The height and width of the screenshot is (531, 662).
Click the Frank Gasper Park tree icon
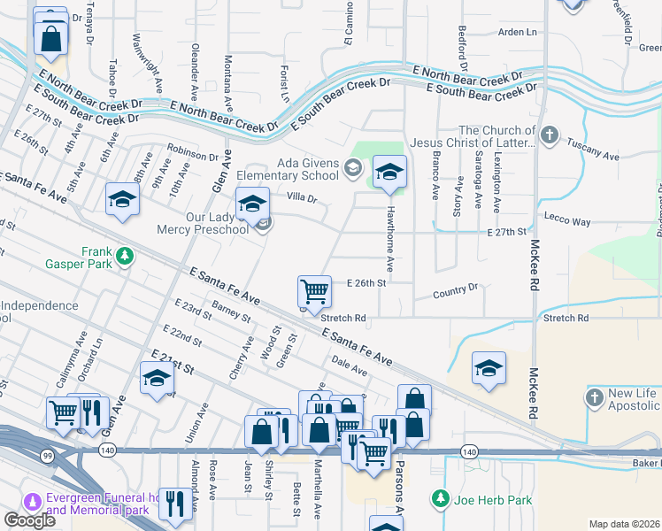tap(126, 257)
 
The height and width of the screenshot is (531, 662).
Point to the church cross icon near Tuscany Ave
tap(550, 135)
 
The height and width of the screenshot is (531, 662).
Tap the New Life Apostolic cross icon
tap(594, 396)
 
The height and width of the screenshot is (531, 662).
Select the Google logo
tap(29, 520)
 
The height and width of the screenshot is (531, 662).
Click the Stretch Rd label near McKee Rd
tap(566, 317)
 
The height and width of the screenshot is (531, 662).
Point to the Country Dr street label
tap(456, 289)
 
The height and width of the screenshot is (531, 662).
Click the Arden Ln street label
tap(518, 32)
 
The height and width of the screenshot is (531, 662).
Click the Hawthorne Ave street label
tap(389, 239)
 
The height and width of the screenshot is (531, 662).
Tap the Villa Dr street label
tap(301, 198)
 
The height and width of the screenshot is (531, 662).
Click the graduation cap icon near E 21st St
tap(157, 378)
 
